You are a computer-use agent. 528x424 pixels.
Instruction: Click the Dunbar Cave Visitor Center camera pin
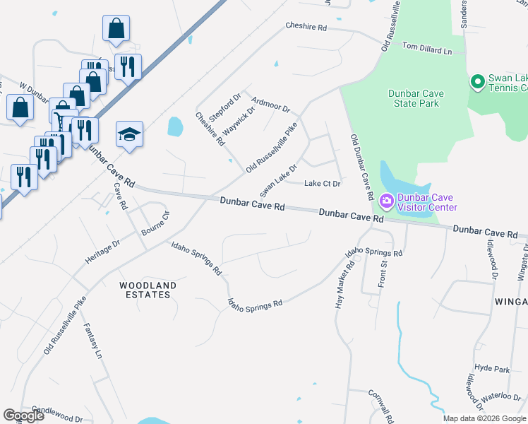(386, 202)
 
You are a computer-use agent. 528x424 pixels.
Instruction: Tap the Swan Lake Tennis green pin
(478, 82)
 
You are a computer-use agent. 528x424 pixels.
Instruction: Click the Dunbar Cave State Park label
(414, 98)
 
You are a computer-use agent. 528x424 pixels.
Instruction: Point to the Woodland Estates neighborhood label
(147, 290)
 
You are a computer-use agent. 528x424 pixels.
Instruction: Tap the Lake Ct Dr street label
(322, 184)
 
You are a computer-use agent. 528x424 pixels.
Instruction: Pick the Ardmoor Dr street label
(270, 107)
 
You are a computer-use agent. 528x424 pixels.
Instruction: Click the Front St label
(385, 273)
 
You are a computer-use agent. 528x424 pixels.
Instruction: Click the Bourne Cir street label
(156, 223)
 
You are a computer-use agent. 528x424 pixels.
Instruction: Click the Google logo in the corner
(23, 416)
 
